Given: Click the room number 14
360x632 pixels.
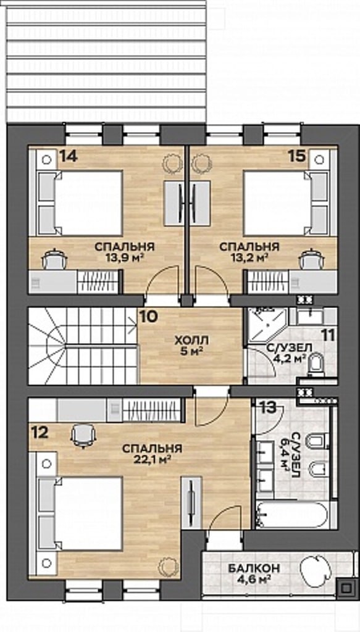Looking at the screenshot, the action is [x=69, y=156].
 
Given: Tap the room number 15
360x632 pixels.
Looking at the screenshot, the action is [x=297, y=156].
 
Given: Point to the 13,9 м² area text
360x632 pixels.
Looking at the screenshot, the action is [x=125, y=257].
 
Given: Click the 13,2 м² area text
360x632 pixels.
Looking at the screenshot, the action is [x=249, y=257].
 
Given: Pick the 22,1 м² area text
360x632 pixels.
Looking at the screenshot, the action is [x=153, y=459].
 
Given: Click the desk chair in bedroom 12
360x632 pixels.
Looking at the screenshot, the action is [x=83, y=436].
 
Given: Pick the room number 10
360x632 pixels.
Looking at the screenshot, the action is [x=148, y=317].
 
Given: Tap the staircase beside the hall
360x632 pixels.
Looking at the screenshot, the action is [x=83, y=346].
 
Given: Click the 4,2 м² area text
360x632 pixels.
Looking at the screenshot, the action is [x=290, y=357].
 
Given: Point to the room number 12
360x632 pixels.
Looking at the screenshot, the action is [x=40, y=433].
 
